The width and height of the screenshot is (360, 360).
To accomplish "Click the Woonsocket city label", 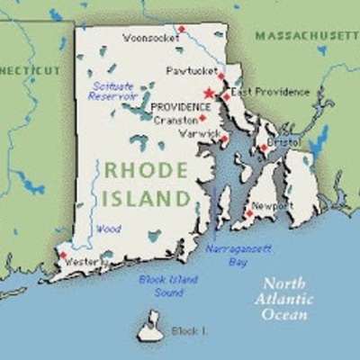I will [x=148, y=40].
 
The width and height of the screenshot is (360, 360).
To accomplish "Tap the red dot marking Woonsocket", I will [x=181, y=29].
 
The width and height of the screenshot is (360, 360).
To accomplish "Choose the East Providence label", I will [x=270, y=91].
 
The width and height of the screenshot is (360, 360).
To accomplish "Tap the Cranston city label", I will [x=174, y=119].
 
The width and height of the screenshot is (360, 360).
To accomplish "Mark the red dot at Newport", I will [x=248, y=213].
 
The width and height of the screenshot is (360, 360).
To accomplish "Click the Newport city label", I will [x=273, y=206].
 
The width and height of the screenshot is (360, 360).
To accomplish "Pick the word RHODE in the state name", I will [x=145, y=170].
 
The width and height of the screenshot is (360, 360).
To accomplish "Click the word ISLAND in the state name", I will [x=147, y=197].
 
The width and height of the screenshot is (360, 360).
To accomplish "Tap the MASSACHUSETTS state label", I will [x=307, y=34].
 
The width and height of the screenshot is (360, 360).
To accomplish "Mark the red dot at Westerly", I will [x=63, y=256].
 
